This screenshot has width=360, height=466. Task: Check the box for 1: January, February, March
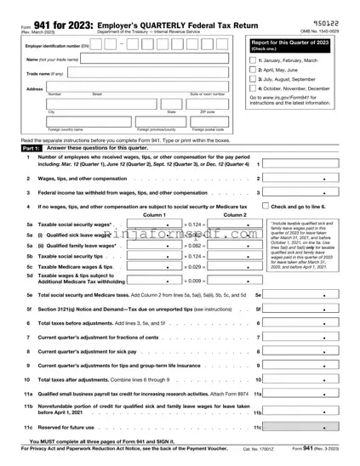pyautogui.click(x=253, y=61)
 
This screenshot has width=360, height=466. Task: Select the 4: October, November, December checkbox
pyautogui.click(x=253, y=88)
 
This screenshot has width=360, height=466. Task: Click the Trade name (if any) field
pyautogui.click(x=145, y=72)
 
